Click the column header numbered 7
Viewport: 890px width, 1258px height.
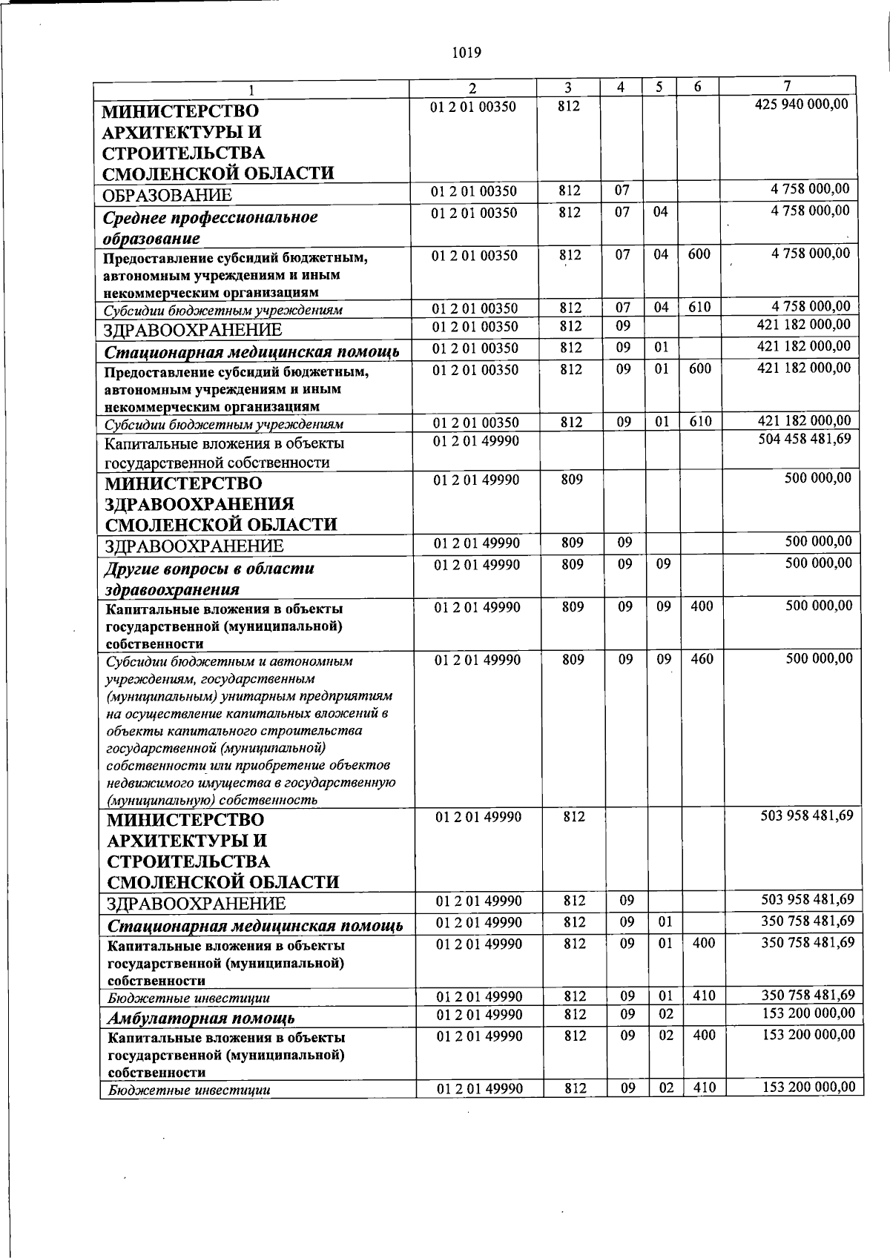tap(788, 86)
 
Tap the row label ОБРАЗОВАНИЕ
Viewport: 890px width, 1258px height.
tap(168, 196)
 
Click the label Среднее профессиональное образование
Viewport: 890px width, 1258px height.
tap(210, 228)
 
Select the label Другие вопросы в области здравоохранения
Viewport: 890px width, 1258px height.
tap(208, 579)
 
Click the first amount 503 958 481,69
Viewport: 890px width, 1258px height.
tap(807, 815)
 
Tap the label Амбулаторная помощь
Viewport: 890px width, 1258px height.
tap(201, 1018)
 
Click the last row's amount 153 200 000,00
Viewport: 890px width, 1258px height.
tap(808, 1087)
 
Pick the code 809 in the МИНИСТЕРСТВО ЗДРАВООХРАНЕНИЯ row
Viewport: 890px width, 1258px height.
tap(572, 480)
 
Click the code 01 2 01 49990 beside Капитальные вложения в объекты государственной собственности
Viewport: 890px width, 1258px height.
tap(476, 441)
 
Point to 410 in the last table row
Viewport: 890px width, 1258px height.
tap(704, 1087)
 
